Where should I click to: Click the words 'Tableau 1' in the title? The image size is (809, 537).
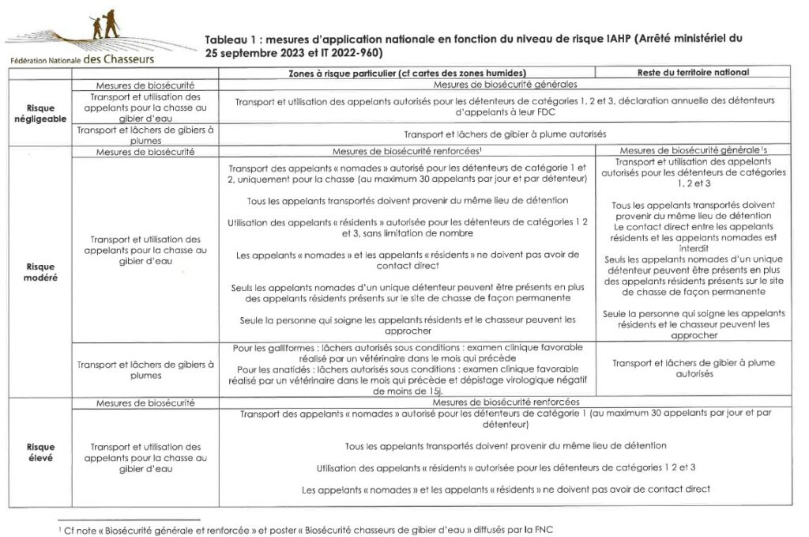(230, 38)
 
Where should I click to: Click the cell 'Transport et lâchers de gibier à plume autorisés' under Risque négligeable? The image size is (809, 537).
(506, 134)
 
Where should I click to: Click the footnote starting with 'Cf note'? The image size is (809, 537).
(312, 528)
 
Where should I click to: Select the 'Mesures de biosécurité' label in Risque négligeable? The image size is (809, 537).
(145, 83)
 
